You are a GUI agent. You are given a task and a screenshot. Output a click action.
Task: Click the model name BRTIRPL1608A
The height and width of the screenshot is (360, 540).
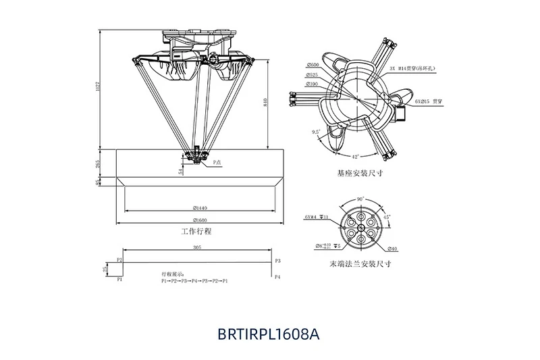269,333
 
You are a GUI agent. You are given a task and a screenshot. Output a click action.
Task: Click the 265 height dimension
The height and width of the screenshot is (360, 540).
99,163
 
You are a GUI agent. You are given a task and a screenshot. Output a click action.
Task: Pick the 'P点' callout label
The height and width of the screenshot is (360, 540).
217,162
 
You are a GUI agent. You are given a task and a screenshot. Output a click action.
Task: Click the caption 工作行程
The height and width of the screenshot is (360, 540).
196,232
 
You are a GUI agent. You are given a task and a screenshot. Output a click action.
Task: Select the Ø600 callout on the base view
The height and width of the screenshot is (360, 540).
313,66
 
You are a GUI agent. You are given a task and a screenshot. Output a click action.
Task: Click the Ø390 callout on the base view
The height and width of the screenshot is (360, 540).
312,84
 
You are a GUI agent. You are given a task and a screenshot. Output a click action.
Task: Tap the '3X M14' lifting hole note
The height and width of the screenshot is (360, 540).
411,69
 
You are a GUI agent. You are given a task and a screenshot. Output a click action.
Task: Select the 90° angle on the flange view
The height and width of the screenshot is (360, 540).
360,199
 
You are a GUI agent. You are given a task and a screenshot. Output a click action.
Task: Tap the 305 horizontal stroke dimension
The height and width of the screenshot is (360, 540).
196,248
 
